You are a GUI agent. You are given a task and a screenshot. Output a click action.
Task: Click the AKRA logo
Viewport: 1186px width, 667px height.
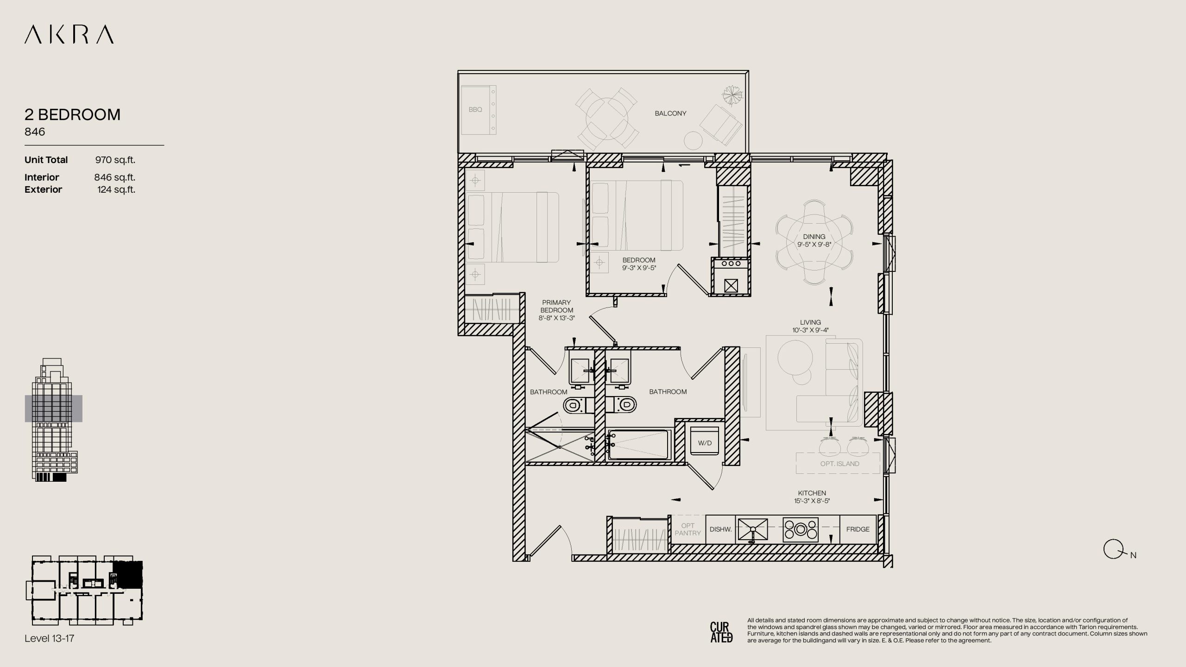[69, 35]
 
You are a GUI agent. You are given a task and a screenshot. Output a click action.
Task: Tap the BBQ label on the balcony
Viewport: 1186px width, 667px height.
[475, 110]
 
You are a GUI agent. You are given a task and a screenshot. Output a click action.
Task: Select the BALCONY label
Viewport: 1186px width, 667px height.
[670, 113]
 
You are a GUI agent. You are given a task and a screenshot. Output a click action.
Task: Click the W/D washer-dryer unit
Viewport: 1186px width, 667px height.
[705, 440]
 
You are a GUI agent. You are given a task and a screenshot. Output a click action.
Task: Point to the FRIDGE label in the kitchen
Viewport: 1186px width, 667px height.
[858, 529]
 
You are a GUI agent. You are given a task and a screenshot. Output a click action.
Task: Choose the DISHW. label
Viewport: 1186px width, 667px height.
[720, 529]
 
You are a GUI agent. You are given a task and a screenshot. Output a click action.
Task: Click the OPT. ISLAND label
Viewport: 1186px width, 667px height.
[839, 464]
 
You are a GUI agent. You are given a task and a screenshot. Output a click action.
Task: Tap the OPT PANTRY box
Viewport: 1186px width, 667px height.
[688, 529]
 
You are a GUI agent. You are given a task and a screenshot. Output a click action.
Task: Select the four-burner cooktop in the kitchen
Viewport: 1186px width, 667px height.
[801, 529]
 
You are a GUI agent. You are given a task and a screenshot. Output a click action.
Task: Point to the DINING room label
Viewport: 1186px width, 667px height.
[814, 237]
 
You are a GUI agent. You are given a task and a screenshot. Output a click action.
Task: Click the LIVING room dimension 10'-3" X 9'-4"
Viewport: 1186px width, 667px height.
[810, 330]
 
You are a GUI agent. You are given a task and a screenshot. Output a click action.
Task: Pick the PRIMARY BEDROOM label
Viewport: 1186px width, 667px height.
[556, 306]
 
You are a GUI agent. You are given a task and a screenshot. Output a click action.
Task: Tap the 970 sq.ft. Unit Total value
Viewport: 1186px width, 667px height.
[115, 160]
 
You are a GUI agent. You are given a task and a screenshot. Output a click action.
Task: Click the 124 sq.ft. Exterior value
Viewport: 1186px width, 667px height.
[116, 190]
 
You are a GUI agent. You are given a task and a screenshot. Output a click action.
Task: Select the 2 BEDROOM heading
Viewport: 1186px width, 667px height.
[73, 114]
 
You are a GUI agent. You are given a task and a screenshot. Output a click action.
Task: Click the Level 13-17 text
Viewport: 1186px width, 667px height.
[50, 638]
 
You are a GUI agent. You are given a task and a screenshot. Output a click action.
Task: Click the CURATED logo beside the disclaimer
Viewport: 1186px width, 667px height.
[721, 632]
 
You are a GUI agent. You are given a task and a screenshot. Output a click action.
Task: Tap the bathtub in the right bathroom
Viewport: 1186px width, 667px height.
[639, 445]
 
